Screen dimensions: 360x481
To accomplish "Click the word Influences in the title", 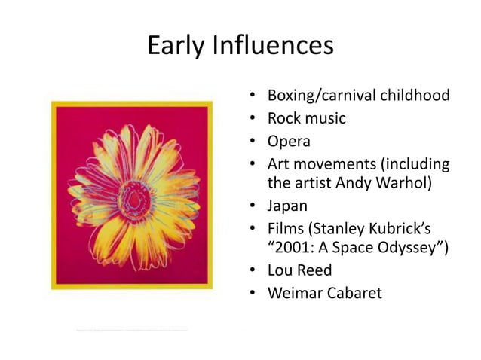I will click(274, 46).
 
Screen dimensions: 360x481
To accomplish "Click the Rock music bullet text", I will click(306, 118).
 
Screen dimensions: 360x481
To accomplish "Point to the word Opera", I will click(289, 140).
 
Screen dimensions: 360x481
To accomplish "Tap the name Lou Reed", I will click(300, 270).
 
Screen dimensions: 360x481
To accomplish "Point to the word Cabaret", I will click(355, 291).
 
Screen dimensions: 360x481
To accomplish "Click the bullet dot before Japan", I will click(254, 205).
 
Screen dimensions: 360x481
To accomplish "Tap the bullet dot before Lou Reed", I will click(254, 270).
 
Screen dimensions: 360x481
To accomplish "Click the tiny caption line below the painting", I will click(132, 329).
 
